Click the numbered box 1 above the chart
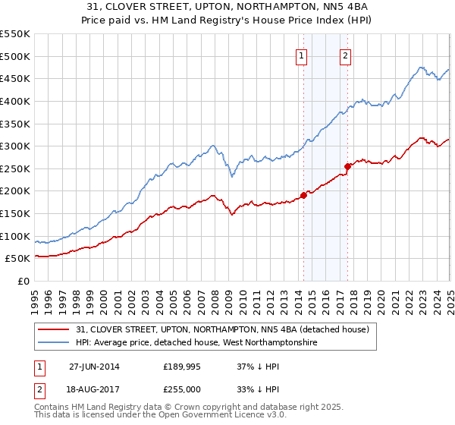(302, 55)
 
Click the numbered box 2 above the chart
(345, 55)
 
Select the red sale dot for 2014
(303, 195)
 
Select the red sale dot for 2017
(347, 166)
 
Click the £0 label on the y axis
(24, 281)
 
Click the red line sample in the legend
(54, 329)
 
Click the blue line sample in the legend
(54, 343)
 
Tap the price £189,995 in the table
(180, 366)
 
